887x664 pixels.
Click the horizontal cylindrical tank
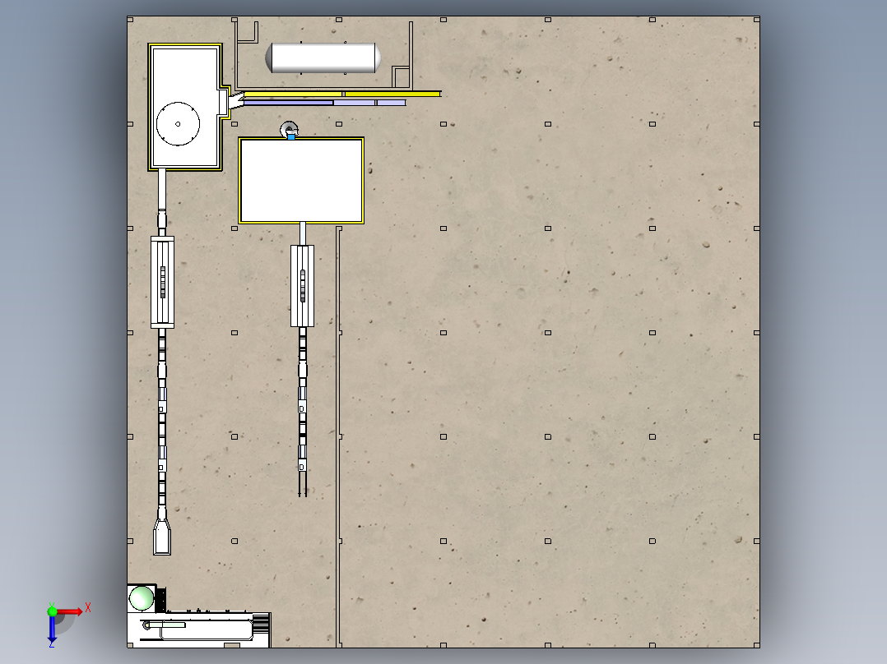point(323,58)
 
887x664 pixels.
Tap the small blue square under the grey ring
point(291,136)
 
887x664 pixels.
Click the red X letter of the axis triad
point(88,608)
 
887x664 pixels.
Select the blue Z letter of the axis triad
point(52,643)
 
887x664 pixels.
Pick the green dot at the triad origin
point(52,611)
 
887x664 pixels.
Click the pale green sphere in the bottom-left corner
point(142,598)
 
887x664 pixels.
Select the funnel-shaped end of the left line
point(162,537)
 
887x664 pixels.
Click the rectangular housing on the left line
point(162,282)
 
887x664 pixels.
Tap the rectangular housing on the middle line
point(302,286)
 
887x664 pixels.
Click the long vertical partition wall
point(339,437)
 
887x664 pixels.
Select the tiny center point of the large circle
point(179,124)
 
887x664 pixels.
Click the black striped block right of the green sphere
point(160,600)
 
